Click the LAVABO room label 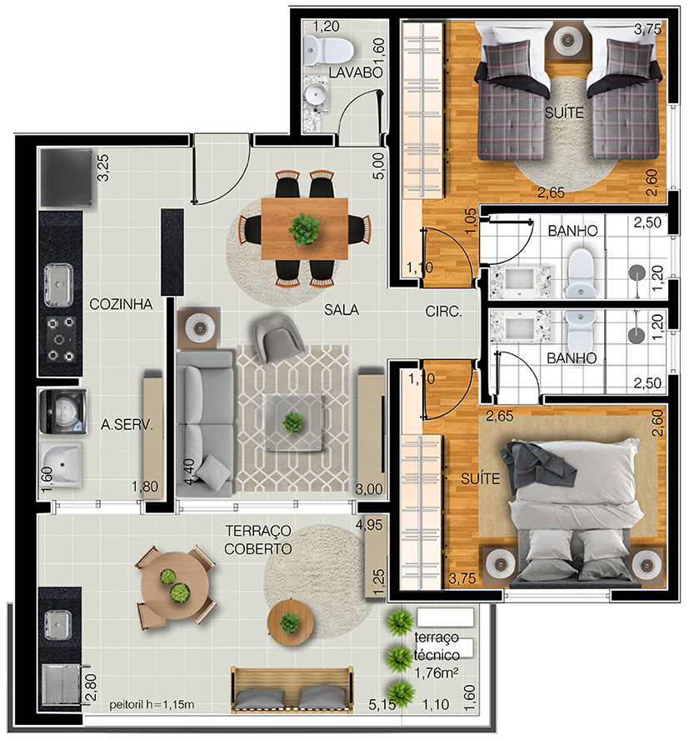coord(356,72)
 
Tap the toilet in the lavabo coord(329,50)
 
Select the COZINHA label coord(121,304)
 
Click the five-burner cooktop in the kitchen coord(61,338)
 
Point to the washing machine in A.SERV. coord(63,412)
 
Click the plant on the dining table coord(304,229)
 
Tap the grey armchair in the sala coord(278,337)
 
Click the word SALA coord(342,310)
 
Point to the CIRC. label coord(443,311)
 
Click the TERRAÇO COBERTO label coord(258,540)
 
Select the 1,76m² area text coord(437,673)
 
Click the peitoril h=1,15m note coord(152,705)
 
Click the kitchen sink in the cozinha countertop coord(58,284)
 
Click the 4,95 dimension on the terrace coord(369,524)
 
